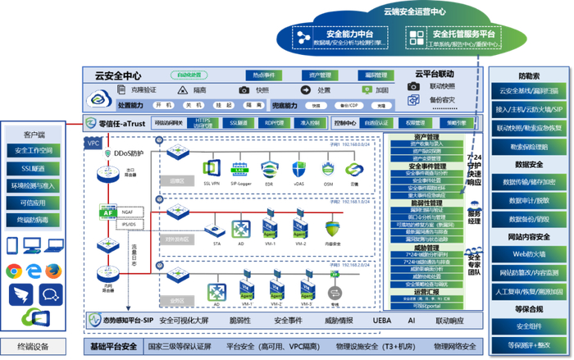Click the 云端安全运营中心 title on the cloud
tap(415, 11)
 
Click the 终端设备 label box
tap(34, 345)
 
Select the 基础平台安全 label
tap(113, 347)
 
